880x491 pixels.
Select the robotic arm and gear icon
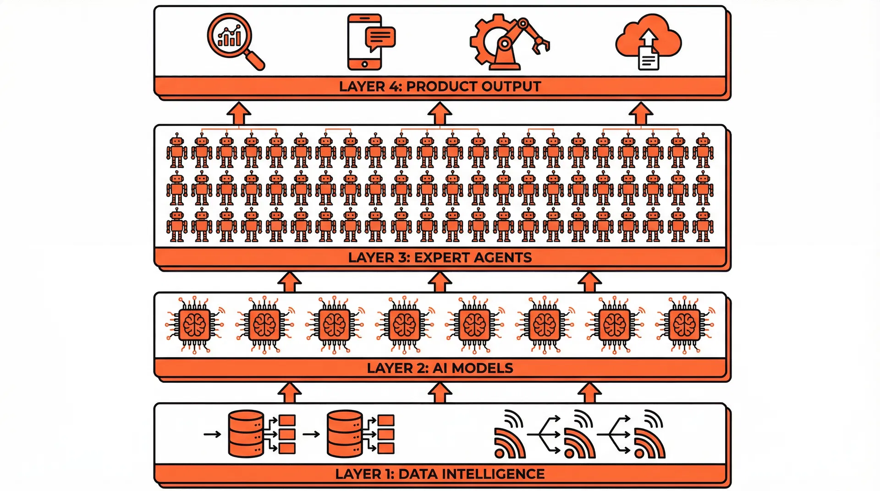pyautogui.click(x=509, y=44)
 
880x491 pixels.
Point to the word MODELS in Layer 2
pyautogui.click(x=483, y=368)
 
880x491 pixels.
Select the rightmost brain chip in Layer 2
pyautogui.click(x=684, y=325)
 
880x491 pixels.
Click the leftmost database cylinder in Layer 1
pyautogui.click(x=246, y=434)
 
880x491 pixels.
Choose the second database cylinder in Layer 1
pyautogui.click(x=345, y=434)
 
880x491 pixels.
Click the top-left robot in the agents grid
pyautogui.click(x=177, y=150)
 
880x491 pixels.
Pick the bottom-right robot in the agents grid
pyautogui.click(x=703, y=225)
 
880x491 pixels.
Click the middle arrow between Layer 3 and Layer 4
pyautogui.click(x=440, y=114)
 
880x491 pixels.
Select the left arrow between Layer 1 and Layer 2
pyautogui.click(x=290, y=393)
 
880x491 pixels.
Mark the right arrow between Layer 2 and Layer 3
pyautogui.click(x=589, y=282)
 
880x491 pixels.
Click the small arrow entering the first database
pyautogui.click(x=212, y=434)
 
